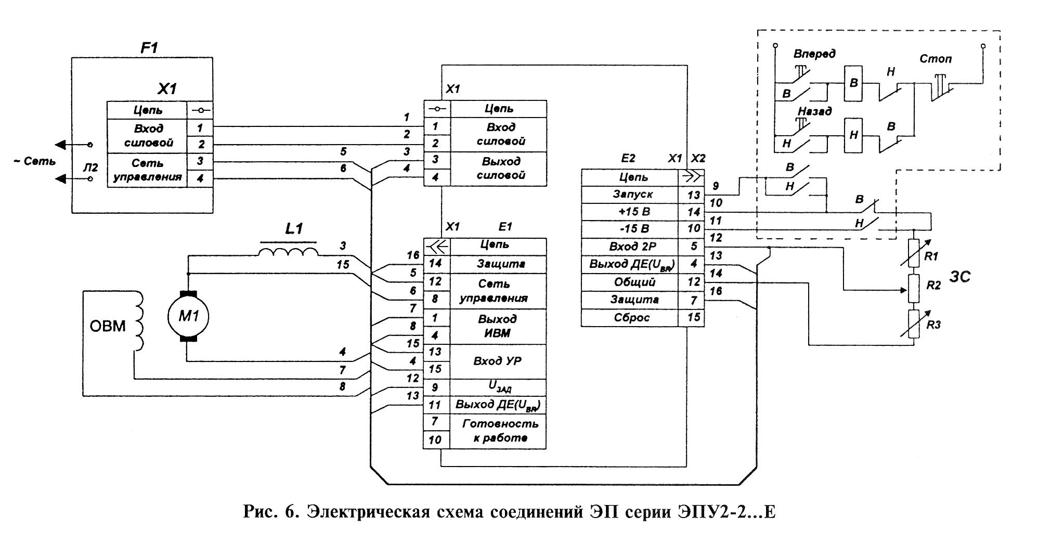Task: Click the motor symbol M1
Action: pyautogui.click(x=188, y=316)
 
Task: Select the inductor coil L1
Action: pyautogui.click(x=289, y=252)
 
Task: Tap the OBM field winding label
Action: pyautogui.click(x=108, y=326)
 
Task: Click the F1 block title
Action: pyautogui.click(x=149, y=48)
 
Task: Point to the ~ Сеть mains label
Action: pyautogui.click(x=34, y=161)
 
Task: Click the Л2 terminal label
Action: pyautogui.click(x=90, y=167)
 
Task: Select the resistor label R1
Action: pyautogui.click(x=931, y=256)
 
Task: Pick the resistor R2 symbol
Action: pyautogui.click(x=914, y=289)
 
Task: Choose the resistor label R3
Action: pyautogui.click(x=933, y=325)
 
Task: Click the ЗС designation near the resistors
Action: pyautogui.click(x=959, y=277)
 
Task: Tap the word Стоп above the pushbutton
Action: pyautogui.click(x=935, y=59)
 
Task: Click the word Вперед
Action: pyautogui.click(x=814, y=54)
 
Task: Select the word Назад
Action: pyautogui.click(x=814, y=111)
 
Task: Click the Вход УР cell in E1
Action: pyautogui.click(x=497, y=361)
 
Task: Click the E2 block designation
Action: pyautogui.click(x=628, y=158)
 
